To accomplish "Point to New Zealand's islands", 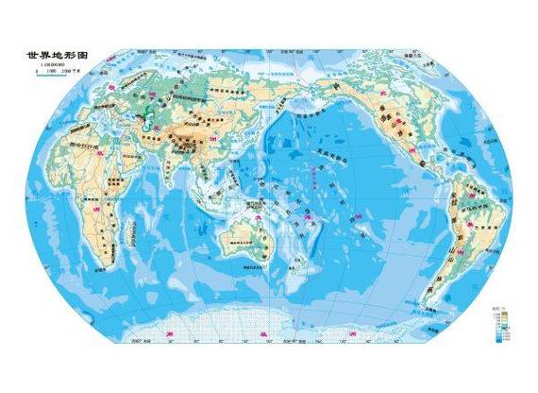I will click(x=300, y=275).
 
